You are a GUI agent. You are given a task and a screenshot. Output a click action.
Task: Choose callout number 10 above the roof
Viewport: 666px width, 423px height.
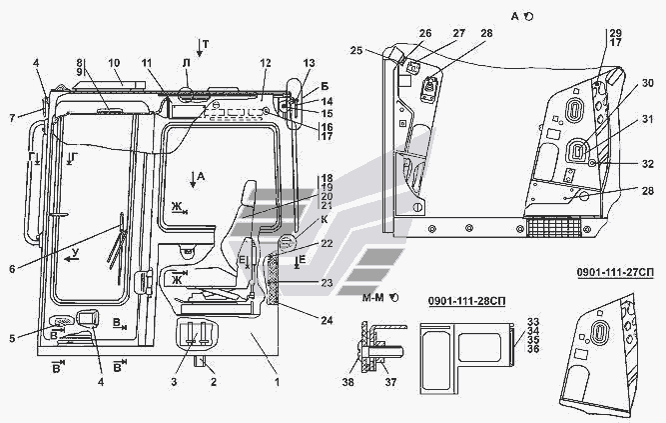click(114, 61)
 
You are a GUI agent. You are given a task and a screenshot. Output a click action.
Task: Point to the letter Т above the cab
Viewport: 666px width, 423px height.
click(206, 46)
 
